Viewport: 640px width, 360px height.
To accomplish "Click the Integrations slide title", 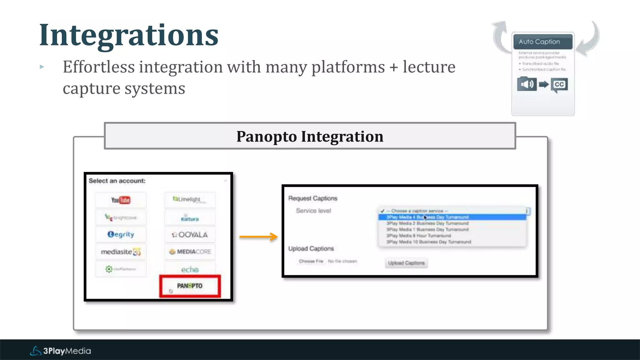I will pyautogui.click(x=129, y=35).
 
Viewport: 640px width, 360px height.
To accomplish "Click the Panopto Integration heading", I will pyautogui.click(x=310, y=136).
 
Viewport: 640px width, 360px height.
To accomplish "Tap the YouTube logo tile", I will pyautogui.click(x=121, y=200).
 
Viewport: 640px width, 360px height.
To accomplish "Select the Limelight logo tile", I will pyautogui.click(x=189, y=199).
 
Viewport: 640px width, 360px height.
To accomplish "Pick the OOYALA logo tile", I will pyautogui.click(x=190, y=235).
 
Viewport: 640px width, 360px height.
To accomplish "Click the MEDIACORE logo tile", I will pyautogui.click(x=190, y=252).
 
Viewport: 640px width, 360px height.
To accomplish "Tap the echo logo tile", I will pyautogui.click(x=190, y=269).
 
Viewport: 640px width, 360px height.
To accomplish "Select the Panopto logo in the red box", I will pyautogui.click(x=190, y=286).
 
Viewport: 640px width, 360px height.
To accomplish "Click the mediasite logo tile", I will pyautogui.click(x=121, y=252).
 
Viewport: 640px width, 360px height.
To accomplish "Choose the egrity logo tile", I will pyautogui.click(x=121, y=234).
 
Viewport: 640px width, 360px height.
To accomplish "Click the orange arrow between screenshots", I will pyautogui.click(x=258, y=237).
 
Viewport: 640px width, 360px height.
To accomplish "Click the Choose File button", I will pyautogui.click(x=311, y=261).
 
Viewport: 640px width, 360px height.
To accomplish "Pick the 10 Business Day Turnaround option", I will pyautogui.click(x=428, y=242).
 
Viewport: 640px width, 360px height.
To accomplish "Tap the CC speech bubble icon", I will pyautogui.click(x=559, y=85).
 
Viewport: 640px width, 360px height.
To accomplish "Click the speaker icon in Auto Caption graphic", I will pyautogui.click(x=527, y=84).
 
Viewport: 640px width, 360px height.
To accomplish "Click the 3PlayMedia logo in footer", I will pyautogui.click(x=60, y=351).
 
